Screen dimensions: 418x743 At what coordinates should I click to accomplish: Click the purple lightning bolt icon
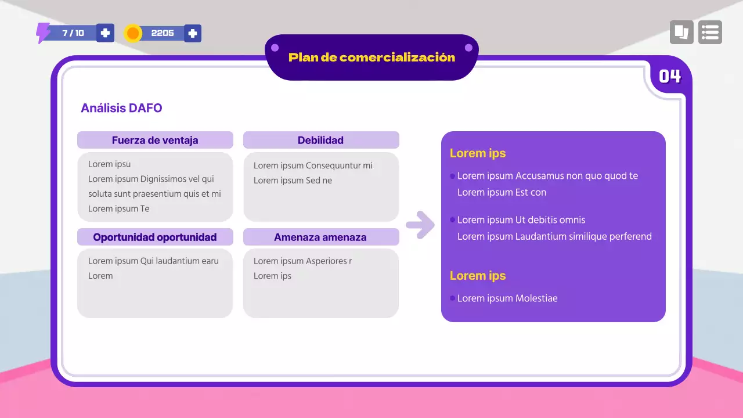(43, 33)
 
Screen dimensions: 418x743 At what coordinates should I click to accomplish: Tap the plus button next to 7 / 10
(105, 33)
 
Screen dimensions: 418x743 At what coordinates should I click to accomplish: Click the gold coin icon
(133, 33)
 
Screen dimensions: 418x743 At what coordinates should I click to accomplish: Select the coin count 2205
(163, 33)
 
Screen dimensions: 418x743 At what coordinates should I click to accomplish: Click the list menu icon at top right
(710, 33)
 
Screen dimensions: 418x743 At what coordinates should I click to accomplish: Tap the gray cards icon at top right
(681, 33)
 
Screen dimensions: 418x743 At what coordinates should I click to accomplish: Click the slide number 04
(669, 76)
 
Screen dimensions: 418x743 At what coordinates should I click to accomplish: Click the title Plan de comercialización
(371, 57)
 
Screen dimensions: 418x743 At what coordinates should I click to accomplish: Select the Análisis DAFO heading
(121, 108)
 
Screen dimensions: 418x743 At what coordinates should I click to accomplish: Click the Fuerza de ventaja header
(155, 140)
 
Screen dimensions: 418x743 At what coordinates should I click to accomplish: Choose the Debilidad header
(320, 140)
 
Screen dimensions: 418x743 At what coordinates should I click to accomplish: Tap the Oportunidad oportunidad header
(155, 237)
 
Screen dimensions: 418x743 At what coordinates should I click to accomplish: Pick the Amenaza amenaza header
(320, 237)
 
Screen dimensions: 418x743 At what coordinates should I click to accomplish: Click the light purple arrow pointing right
(420, 225)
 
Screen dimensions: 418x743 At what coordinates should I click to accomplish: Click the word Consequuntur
(333, 165)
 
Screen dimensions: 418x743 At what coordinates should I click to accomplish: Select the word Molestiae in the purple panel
(536, 298)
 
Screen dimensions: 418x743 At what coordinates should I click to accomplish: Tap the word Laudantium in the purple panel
(539, 236)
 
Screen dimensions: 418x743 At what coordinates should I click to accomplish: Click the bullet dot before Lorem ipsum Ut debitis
(452, 220)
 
